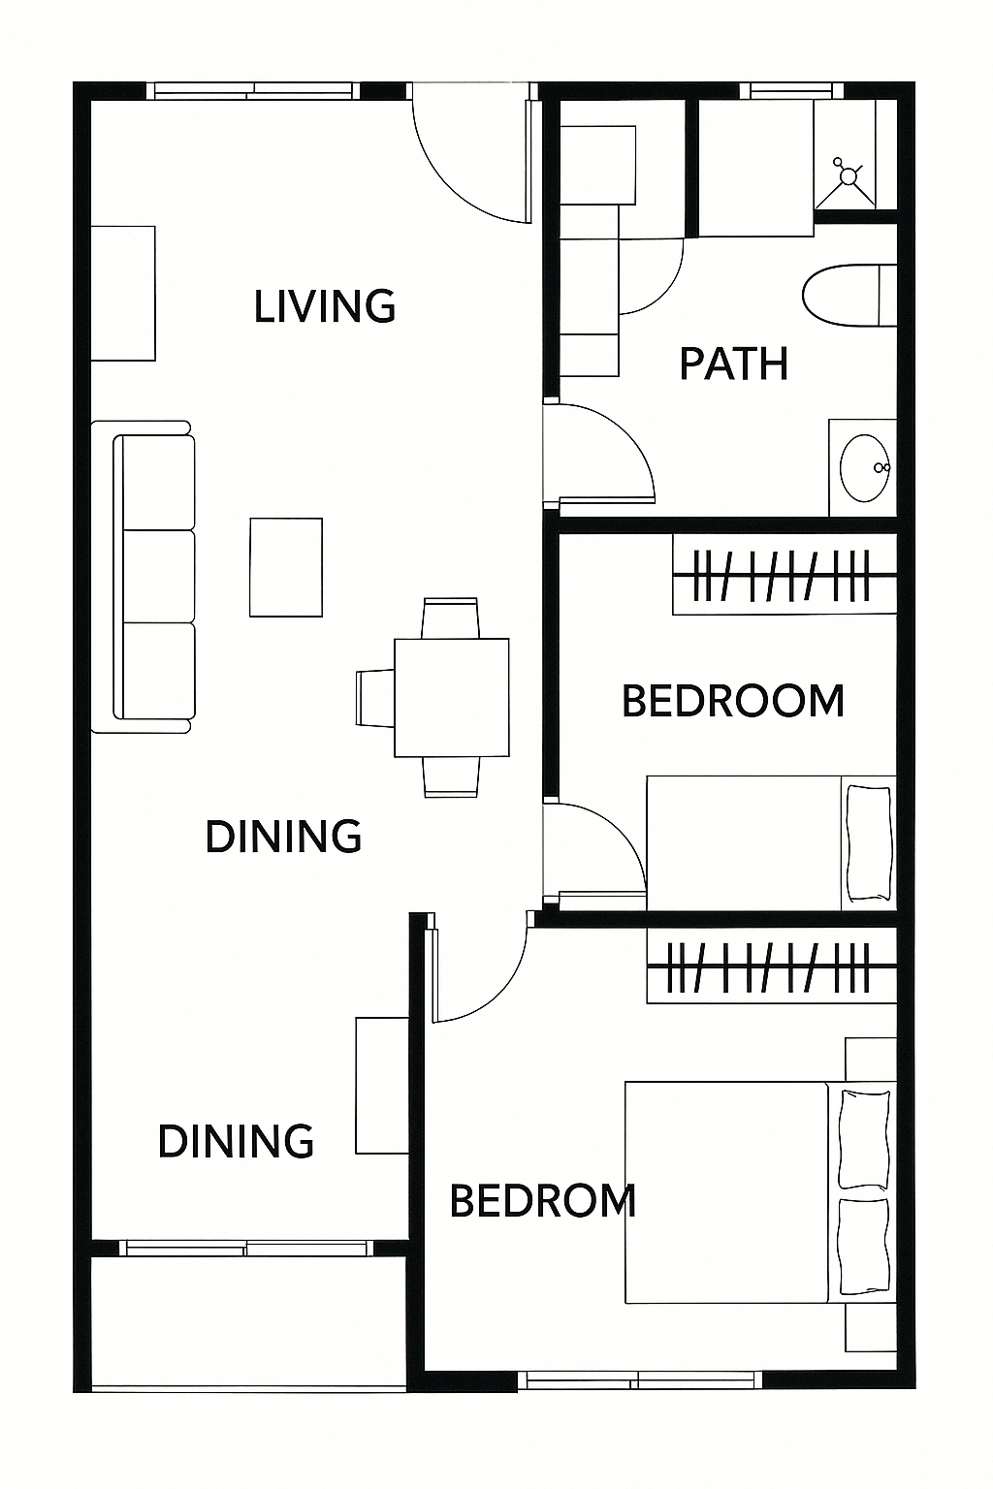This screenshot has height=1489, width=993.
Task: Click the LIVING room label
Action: click(x=325, y=305)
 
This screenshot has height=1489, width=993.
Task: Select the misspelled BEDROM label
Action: click(x=543, y=1200)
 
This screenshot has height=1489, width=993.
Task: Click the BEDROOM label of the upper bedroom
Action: click(x=733, y=701)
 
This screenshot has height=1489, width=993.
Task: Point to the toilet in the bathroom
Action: click(x=849, y=295)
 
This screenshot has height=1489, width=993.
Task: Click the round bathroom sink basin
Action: click(x=865, y=468)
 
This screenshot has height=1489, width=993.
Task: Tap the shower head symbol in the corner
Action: click(x=848, y=175)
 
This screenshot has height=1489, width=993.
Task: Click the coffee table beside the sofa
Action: click(x=286, y=567)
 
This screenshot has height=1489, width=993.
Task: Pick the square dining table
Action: click(x=452, y=697)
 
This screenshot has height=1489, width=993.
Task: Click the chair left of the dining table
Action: click(x=376, y=697)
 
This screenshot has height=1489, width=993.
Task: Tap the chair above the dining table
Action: click(x=450, y=618)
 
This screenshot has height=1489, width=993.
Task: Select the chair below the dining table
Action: click(x=451, y=776)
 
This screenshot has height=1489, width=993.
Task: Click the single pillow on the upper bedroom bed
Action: click(x=868, y=843)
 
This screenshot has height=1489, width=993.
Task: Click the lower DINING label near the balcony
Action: click(x=236, y=1141)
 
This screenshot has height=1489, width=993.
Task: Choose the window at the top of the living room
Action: click(x=253, y=91)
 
